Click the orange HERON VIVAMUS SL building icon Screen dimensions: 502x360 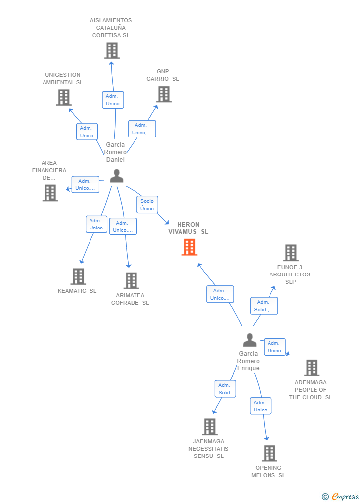coord(189,247)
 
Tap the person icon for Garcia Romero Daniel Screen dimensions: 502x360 coord(117,176)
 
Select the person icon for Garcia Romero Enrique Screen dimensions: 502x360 coord(250,340)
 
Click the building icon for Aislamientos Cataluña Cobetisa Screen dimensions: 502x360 coord(112,50)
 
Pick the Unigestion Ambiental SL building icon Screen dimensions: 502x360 coord(64,97)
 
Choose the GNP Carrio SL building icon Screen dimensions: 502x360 coord(164,94)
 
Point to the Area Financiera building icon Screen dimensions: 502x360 coord(50,193)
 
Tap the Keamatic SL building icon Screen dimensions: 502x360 coord(78,276)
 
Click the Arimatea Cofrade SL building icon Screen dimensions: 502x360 coord(131,280)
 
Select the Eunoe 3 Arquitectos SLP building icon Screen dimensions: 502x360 coord(291,253)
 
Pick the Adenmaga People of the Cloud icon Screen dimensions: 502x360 coord(312,367)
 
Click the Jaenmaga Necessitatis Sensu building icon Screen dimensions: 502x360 coord(210,426)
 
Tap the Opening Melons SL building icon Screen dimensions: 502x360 coord(270,453)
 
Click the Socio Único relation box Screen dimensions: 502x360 coord(147,205)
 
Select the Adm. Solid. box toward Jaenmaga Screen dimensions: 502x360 coord(225,389)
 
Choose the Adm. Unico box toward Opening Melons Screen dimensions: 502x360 coord(261,406)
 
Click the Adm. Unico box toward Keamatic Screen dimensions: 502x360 coord(96,224)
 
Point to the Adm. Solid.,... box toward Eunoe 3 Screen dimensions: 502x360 coord(264,306)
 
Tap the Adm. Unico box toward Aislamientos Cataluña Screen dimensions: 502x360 coord(113,100)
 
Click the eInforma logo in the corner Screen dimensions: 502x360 coord(341,496)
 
